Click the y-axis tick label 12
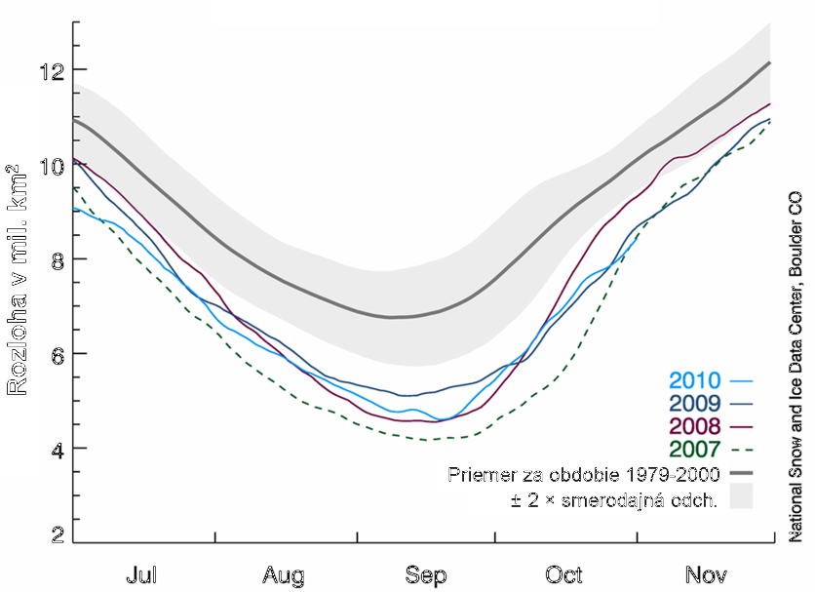[51, 71]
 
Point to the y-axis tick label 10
[51, 166]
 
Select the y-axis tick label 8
[57, 259]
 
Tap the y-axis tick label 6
[57, 354]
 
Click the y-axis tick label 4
[57, 449]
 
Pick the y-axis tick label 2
[57, 534]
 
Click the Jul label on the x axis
[141, 572]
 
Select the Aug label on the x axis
[283, 572]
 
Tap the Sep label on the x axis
[425, 572]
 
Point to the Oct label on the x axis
[566, 572]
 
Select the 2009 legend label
[693, 404]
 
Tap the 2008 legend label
[693, 426]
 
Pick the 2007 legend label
[693, 449]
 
